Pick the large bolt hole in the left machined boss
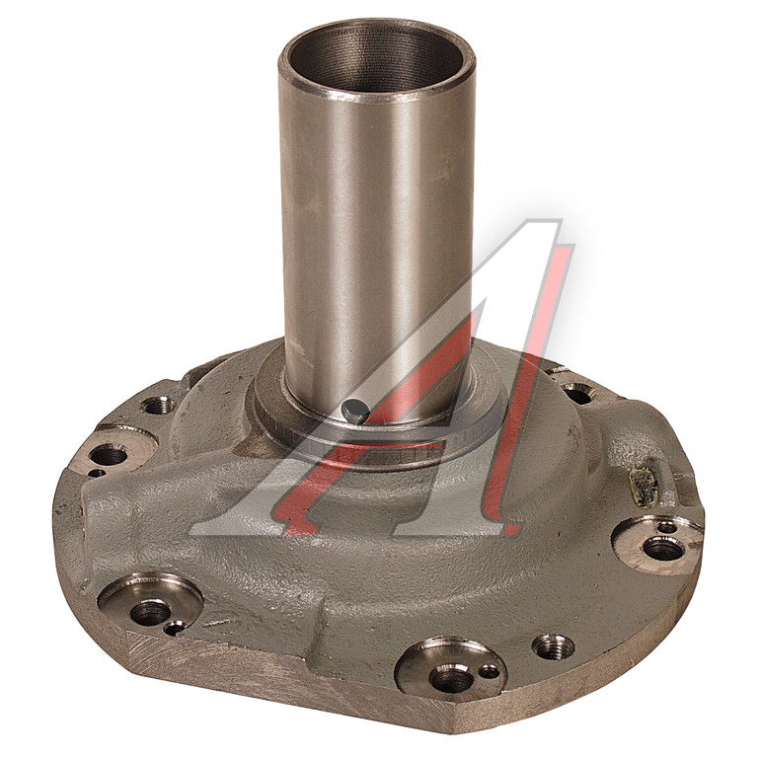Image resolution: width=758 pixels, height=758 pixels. pos(109,455)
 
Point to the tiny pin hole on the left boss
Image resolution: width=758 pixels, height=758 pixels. pos(98,473)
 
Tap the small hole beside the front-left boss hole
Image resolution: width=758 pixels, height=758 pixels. pos(174,628)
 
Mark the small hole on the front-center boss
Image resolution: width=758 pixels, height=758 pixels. pos(489,671)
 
